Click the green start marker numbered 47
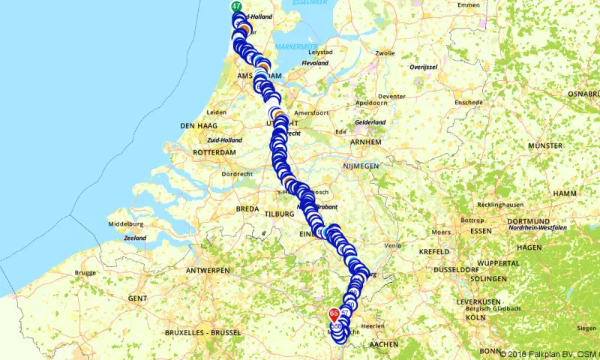click(x=237, y=7)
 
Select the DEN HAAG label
click(x=198, y=125)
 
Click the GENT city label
click(x=137, y=298)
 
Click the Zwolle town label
click(x=385, y=53)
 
